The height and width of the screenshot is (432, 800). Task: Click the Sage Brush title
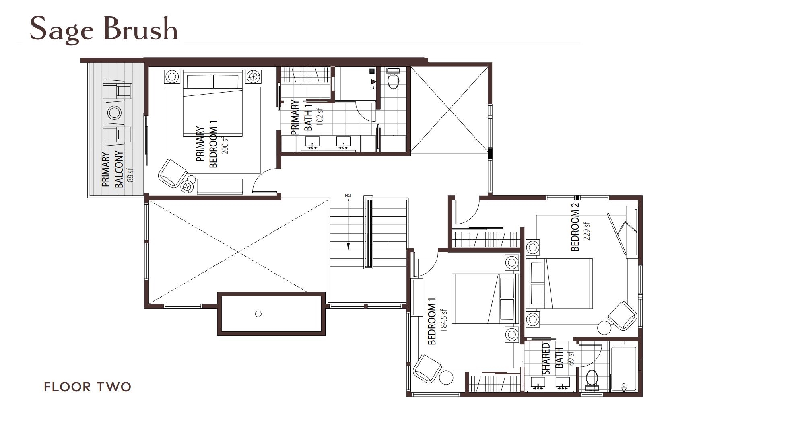[104, 29]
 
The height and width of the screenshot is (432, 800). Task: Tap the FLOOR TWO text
[87, 387]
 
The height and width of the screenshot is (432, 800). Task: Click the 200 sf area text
[225, 146]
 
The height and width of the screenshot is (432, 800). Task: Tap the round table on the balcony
[114, 113]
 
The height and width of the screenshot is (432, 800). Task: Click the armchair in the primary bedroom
[172, 173]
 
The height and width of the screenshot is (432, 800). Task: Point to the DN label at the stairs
[348, 195]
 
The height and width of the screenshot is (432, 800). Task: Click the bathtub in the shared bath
[623, 368]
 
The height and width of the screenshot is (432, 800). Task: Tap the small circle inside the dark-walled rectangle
[258, 314]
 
